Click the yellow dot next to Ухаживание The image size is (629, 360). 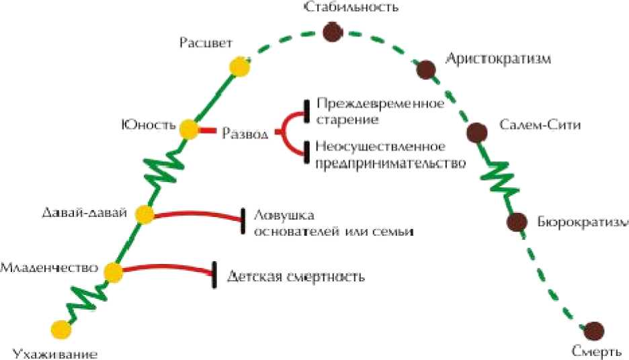(x=61, y=329)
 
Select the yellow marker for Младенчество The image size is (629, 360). (x=113, y=271)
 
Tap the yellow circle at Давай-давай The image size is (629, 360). (x=144, y=214)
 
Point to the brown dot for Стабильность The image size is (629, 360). (x=331, y=31)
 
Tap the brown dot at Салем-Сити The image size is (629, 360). (x=476, y=131)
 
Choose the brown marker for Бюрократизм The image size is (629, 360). (x=515, y=222)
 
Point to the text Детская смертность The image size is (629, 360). (x=296, y=276)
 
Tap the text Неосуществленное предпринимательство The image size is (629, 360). (x=389, y=154)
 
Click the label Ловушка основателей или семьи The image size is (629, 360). (x=332, y=223)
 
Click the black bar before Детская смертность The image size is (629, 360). (x=214, y=275)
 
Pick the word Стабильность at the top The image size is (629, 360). (x=351, y=7)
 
